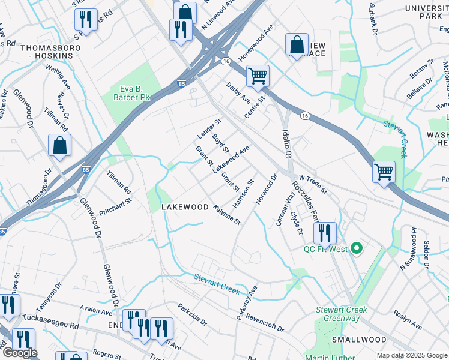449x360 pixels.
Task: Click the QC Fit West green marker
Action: coord(357,248)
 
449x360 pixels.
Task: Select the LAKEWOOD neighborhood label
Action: coord(185,207)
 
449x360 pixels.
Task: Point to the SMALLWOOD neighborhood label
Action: coord(359,340)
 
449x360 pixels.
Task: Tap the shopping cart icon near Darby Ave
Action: coord(258,76)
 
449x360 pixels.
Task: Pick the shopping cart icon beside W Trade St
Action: coord(384,172)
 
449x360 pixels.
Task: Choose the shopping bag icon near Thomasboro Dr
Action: coord(59,145)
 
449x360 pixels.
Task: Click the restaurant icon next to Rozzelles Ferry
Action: coord(324,233)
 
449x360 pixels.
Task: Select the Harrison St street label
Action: coord(244,194)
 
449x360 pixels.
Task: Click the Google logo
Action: coord(20,353)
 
